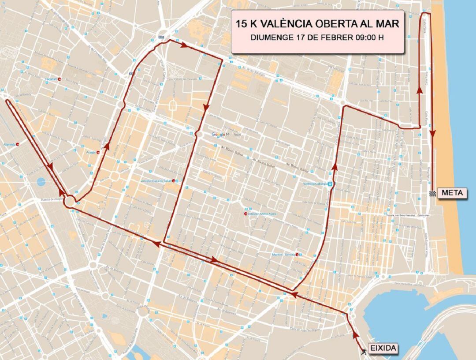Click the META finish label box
451,193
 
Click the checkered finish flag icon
433,193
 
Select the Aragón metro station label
91,152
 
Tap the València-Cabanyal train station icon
331,184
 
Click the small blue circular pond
41,181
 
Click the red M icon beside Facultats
59,79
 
